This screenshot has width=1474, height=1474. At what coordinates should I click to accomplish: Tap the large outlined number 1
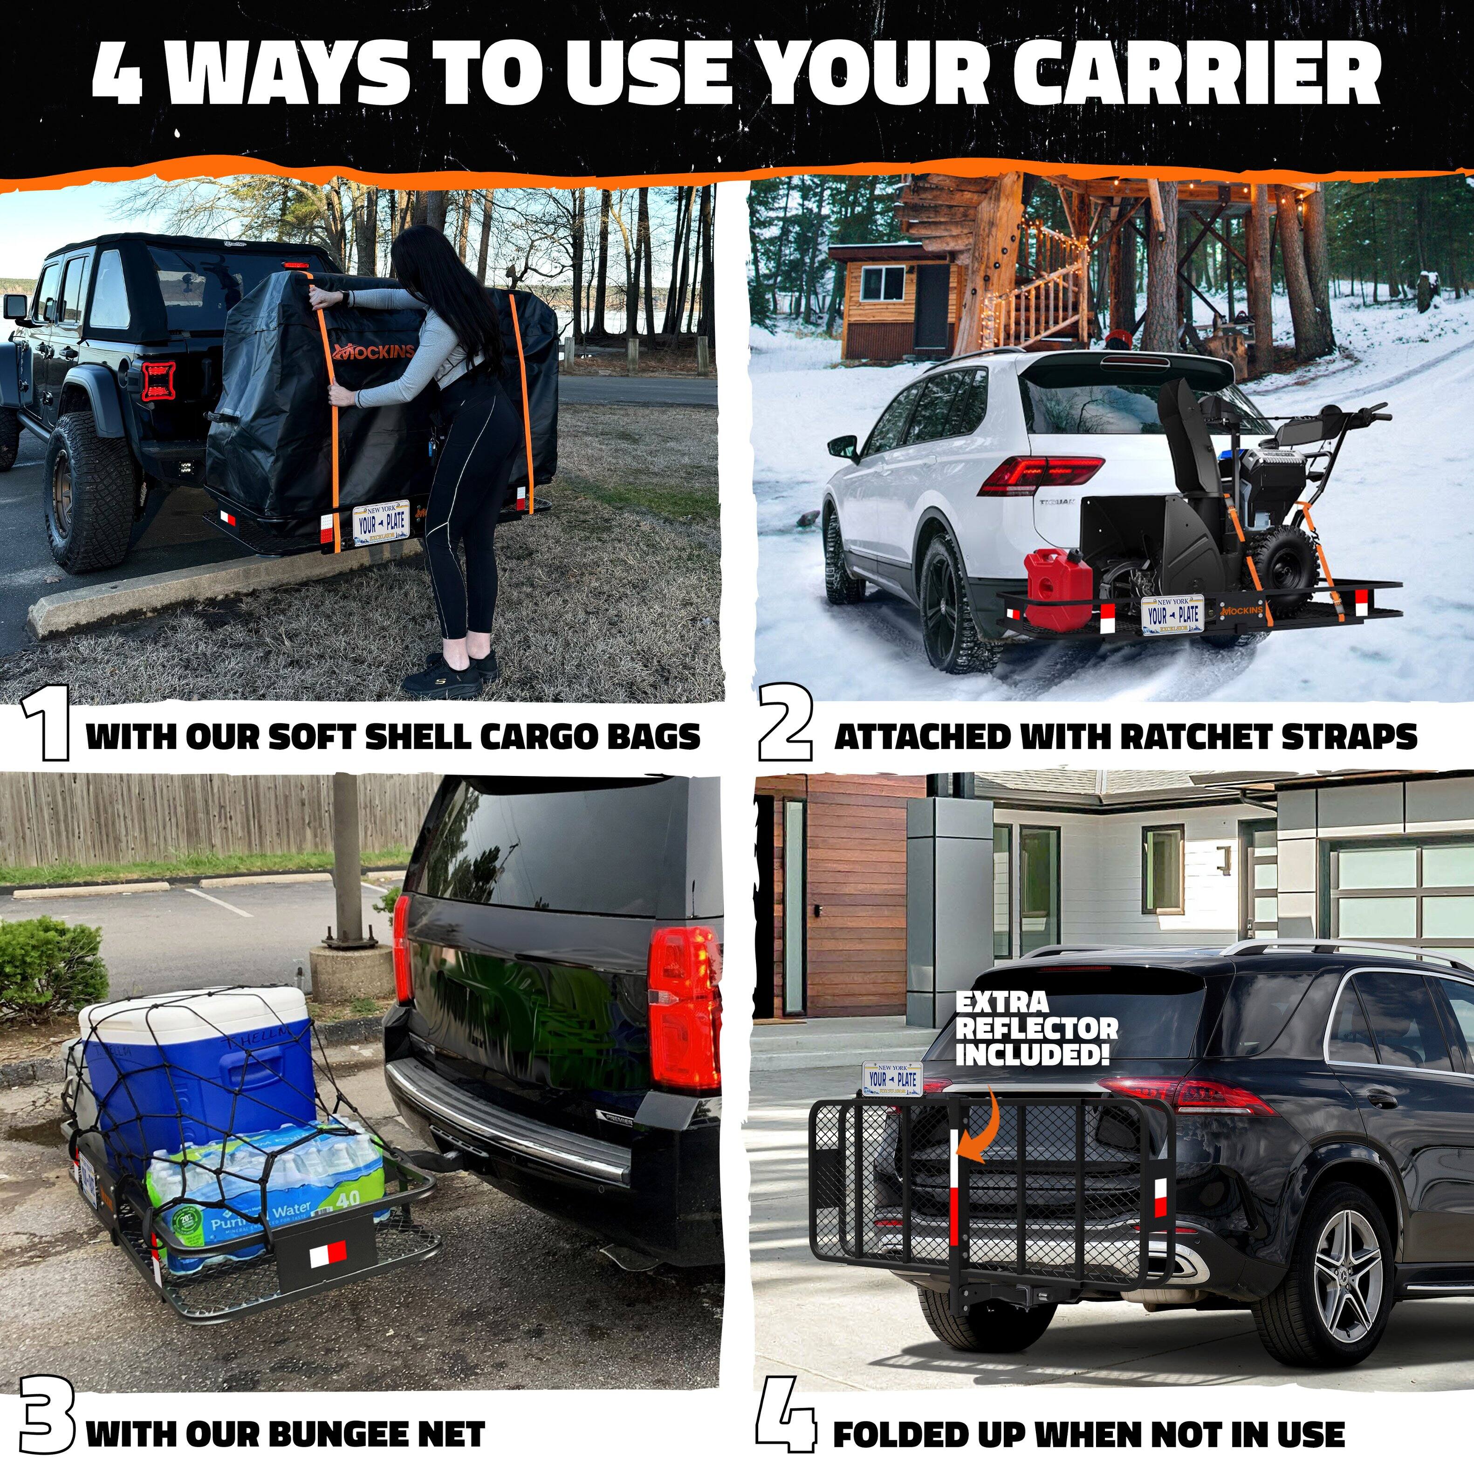click(x=46, y=723)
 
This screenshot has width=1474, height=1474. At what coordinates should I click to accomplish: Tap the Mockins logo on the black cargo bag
click(x=374, y=352)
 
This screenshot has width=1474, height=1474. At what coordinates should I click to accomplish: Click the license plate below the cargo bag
click(x=382, y=522)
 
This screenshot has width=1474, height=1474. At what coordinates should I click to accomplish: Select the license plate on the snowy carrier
click(x=1172, y=614)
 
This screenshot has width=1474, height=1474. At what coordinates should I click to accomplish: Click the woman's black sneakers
click(x=450, y=672)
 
